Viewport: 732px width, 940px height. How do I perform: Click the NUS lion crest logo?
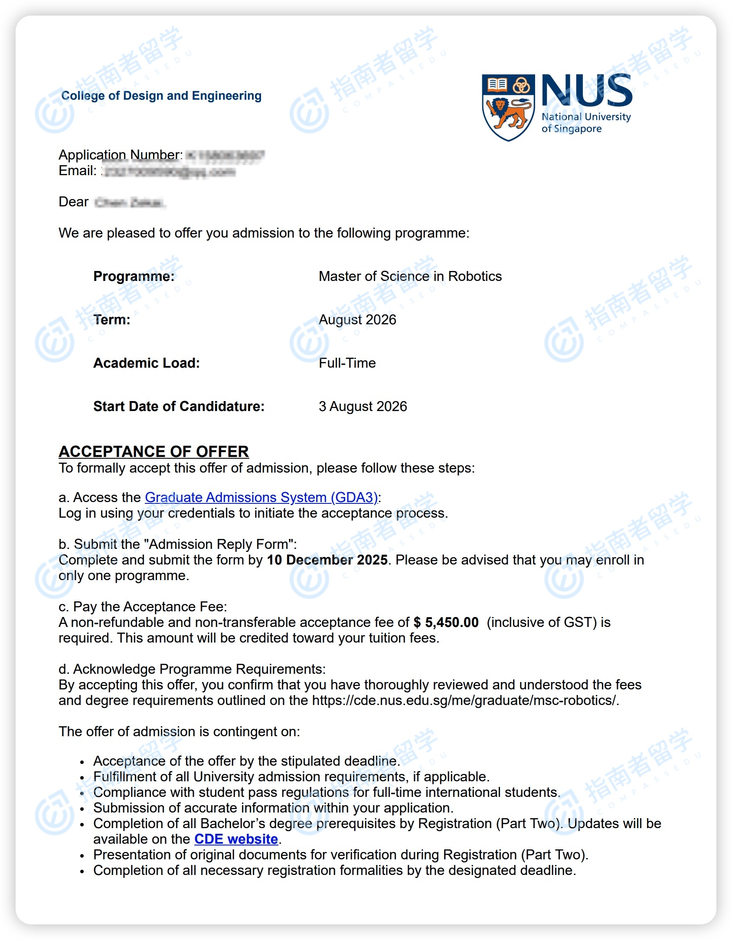[x=508, y=107]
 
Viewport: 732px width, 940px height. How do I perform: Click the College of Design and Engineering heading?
[x=161, y=95]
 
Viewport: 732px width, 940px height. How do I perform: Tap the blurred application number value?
[x=225, y=155]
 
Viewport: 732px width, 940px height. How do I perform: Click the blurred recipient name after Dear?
[x=129, y=202]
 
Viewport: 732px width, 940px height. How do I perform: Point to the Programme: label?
[x=134, y=276]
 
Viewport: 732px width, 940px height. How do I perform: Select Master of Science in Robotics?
[x=410, y=276]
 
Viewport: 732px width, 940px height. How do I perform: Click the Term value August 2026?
[x=357, y=320]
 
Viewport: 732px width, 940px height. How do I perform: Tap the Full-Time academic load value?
[x=347, y=363]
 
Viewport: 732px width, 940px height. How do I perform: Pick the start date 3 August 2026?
[x=363, y=406]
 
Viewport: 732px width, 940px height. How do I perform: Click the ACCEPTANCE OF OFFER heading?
[x=154, y=451]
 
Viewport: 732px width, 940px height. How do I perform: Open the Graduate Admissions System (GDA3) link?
[x=261, y=497]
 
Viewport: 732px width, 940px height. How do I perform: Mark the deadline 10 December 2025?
[x=327, y=560]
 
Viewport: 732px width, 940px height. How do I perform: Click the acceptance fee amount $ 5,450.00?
[x=446, y=622]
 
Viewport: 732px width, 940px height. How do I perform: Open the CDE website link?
[x=236, y=839]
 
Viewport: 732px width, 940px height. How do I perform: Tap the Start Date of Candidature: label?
[x=179, y=406]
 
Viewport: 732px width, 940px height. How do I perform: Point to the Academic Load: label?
[x=147, y=363]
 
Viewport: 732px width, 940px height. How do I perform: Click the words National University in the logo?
[x=586, y=117]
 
